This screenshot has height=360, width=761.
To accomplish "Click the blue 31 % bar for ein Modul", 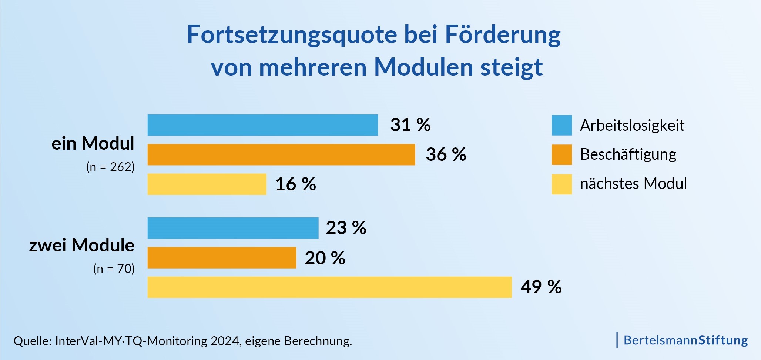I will point(262,125).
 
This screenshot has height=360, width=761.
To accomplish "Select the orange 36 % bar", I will point(281,154).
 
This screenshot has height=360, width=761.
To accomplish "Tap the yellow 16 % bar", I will point(207,184).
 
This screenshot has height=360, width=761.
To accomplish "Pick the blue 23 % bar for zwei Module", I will point(233,228).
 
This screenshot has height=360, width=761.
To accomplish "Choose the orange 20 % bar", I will point(222,258).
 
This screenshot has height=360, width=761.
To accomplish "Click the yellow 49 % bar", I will point(329,287).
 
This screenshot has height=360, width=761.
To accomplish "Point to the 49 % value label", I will point(541,287).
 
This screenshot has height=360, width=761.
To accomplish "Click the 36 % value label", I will point(446,154).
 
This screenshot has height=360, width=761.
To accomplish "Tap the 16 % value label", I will point(296,184).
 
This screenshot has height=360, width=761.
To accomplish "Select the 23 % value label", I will point(346,228).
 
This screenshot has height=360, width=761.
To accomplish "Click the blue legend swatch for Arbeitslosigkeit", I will point(561,125).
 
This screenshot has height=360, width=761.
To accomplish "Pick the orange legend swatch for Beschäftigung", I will point(561,154).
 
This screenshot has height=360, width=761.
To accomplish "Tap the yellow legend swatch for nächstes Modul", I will point(561,184).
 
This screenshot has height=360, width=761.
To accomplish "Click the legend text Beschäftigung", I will point(628,154).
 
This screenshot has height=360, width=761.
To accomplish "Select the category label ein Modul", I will point(93,143).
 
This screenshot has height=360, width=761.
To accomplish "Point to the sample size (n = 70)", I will point(114,269).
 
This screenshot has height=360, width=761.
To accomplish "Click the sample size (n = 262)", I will point(110,167).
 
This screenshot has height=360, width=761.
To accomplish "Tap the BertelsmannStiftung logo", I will point(685,340).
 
